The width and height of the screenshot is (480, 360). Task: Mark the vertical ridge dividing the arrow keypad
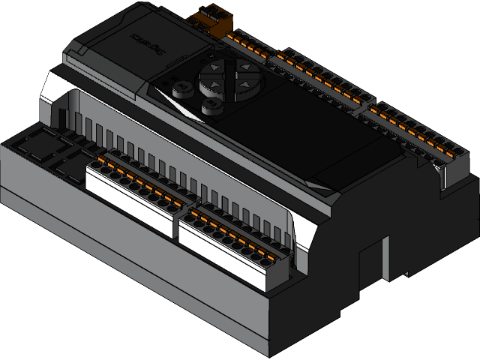tap(228, 76)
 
